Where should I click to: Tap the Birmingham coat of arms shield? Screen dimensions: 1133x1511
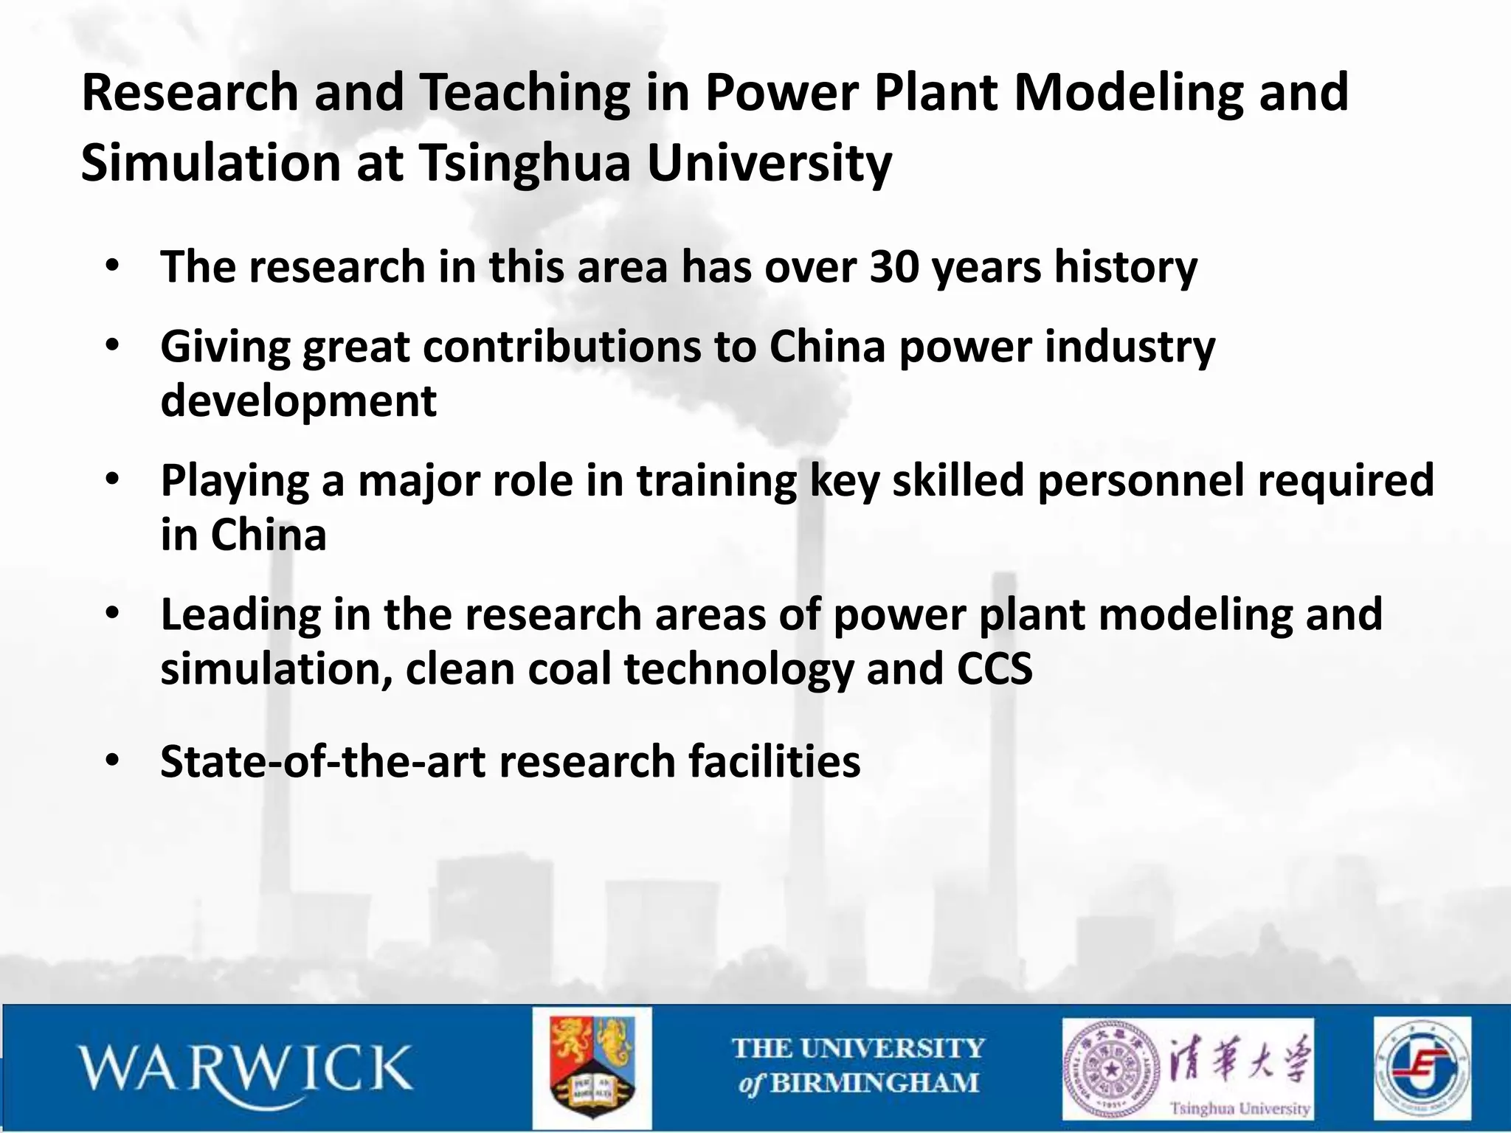(x=592, y=1067)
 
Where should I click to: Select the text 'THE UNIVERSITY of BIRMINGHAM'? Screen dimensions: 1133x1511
(x=858, y=1066)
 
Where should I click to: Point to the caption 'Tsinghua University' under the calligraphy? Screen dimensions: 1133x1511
(x=1239, y=1108)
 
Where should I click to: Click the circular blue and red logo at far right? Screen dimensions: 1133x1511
(x=1422, y=1068)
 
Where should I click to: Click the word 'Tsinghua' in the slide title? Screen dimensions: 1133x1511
(x=526, y=163)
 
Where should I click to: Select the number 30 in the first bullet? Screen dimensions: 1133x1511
(x=894, y=266)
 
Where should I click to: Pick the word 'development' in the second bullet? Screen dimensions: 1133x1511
(x=299, y=401)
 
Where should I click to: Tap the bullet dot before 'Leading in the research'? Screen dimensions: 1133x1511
(x=112, y=614)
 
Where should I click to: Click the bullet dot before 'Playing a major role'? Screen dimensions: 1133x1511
(x=112, y=480)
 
